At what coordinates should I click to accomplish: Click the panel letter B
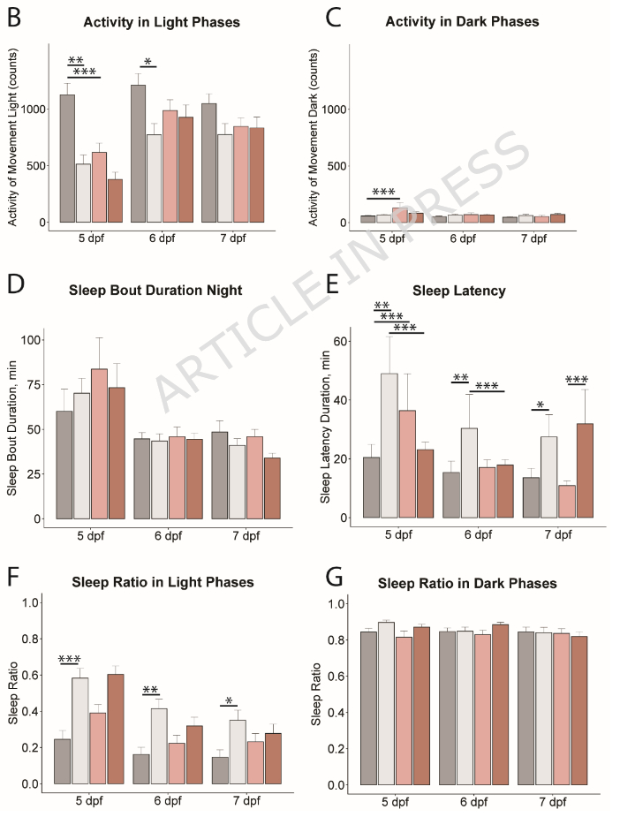point(14,19)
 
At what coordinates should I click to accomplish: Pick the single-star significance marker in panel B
point(148,62)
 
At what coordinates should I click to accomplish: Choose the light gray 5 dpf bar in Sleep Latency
point(389,433)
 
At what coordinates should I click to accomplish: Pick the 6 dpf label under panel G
point(473,803)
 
